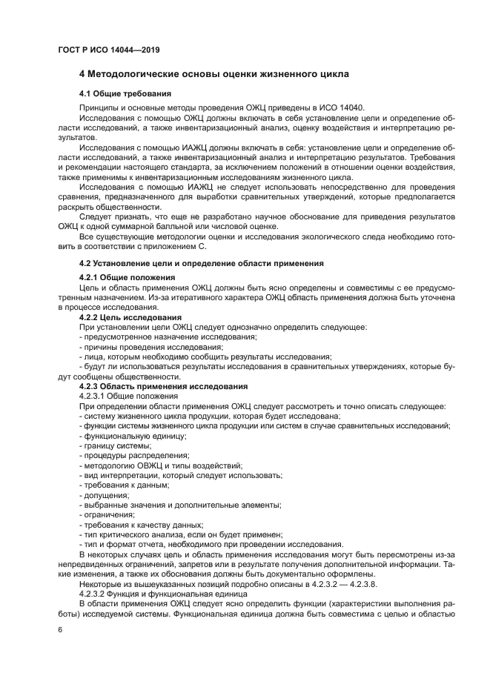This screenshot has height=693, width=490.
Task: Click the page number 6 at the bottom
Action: [60, 629]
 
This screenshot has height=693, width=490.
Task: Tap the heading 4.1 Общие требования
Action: [125, 94]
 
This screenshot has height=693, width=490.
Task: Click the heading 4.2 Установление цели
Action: [200, 263]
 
